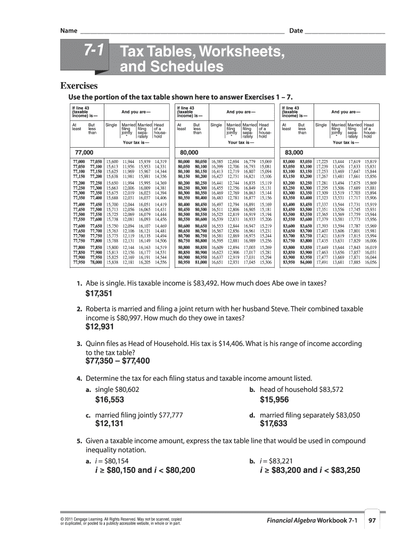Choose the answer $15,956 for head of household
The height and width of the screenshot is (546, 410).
pyautogui.click(x=274, y=399)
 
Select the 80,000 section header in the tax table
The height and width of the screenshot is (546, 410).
pyautogui.click(x=189, y=152)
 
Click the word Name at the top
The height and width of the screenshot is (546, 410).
pyautogui.click(x=68, y=31)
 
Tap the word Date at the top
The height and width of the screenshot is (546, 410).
pyautogui.click(x=296, y=31)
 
